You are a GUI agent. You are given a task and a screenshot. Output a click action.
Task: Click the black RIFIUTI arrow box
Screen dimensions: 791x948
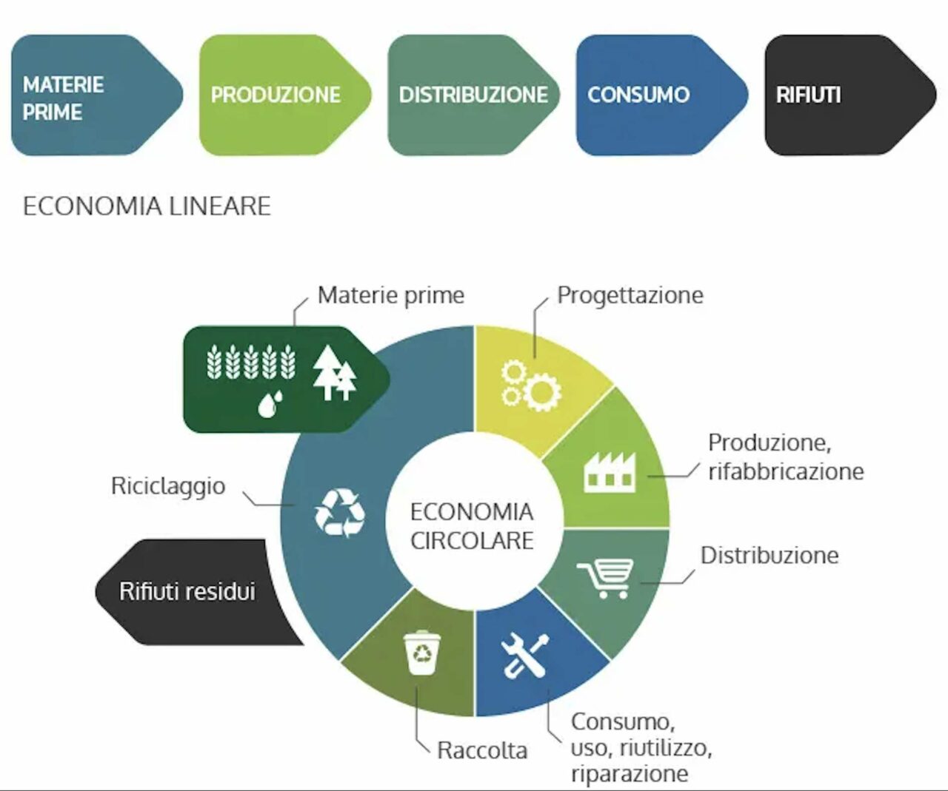844,95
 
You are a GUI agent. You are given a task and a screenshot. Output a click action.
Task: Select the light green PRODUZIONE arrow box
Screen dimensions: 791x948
278,95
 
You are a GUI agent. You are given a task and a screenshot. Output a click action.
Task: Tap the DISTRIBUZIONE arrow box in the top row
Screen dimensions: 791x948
471,95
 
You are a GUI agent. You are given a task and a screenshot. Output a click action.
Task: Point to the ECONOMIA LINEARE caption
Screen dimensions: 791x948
147,206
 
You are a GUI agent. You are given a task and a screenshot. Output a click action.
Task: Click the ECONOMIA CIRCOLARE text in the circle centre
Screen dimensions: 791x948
472,525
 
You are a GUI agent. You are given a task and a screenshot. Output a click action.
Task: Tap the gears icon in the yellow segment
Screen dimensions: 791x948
530,385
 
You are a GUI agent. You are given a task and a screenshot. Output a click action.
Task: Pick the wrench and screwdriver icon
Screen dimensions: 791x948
524,655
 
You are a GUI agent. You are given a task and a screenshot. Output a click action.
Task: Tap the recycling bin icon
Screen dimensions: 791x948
423,652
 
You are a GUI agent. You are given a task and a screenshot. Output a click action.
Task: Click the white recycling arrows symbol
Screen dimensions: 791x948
340,511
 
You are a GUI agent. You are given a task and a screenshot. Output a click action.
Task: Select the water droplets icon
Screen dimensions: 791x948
270,403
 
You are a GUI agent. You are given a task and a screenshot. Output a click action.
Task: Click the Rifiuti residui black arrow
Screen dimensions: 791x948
189,591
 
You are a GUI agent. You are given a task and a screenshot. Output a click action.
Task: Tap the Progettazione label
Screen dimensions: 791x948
630,294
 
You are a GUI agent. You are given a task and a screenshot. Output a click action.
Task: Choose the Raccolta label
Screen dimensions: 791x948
482,750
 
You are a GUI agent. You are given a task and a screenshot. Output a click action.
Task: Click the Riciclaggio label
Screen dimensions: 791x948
168,485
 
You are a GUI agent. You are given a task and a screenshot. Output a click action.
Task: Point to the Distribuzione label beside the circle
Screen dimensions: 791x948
770,555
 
